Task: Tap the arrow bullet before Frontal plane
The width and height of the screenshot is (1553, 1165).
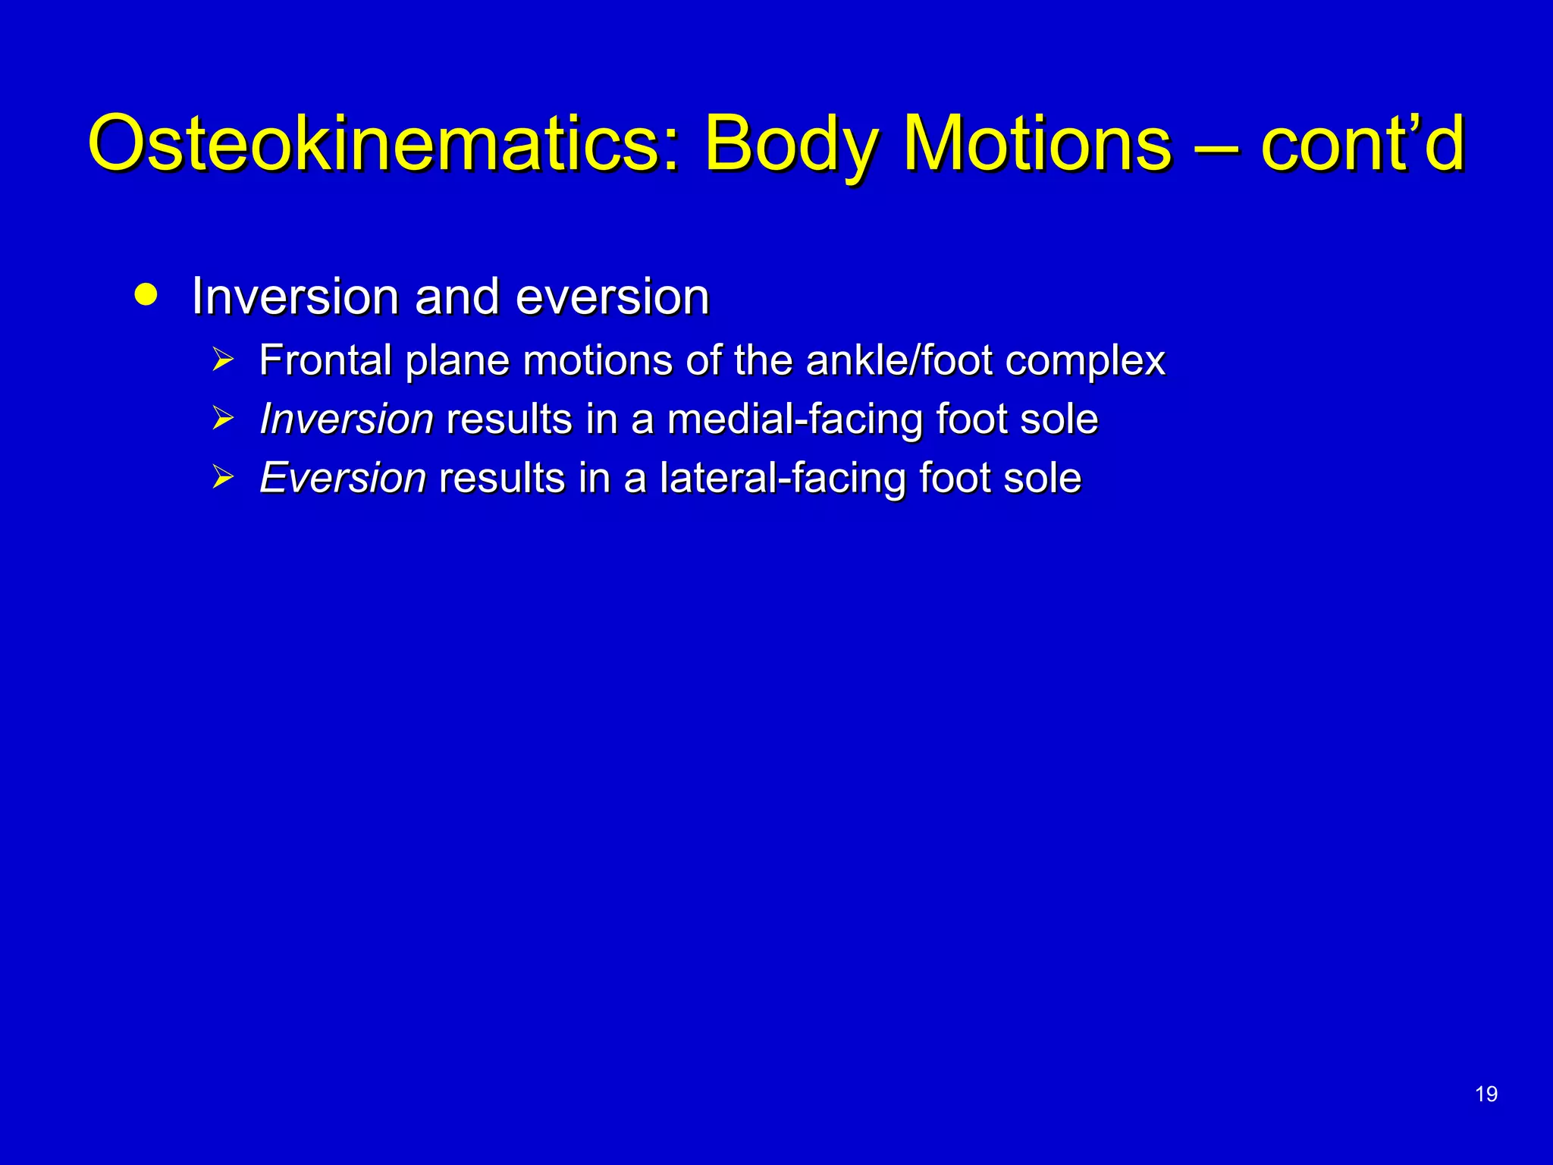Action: pyautogui.click(x=222, y=360)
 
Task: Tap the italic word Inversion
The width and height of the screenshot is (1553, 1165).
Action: pyautogui.click(x=346, y=419)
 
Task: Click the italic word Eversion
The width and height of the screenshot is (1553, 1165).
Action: pyautogui.click(x=342, y=478)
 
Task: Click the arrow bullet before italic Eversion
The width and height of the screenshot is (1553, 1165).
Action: pyautogui.click(x=222, y=478)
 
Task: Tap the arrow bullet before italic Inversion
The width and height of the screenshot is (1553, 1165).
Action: pyautogui.click(x=222, y=419)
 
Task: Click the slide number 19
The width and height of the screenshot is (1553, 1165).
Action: pyautogui.click(x=1486, y=1094)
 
